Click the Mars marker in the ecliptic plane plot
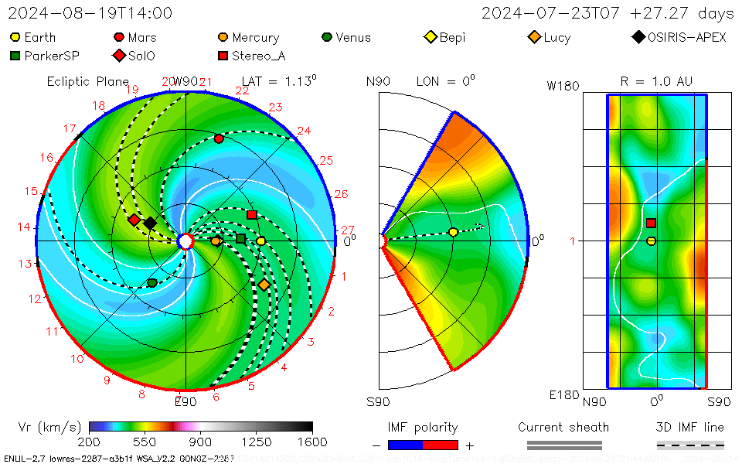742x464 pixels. click(x=219, y=138)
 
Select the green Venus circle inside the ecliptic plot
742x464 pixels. click(x=151, y=283)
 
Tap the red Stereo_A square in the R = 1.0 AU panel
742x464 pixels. click(x=651, y=223)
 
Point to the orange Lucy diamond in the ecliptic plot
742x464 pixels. click(x=264, y=285)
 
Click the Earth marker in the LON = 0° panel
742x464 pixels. click(x=453, y=232)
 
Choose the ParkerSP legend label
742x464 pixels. click(x=52, y=56)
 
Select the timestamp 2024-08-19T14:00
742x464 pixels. click(x=90, y=13)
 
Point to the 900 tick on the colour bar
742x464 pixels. click(x=201, y=442)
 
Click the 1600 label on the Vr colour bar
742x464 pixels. click(x=312, y=442)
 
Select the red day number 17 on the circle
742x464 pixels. click(x=70, y=129)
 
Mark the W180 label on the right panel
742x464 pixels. click(x=563, y=86)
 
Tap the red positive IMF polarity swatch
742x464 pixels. click(x=441, y=445)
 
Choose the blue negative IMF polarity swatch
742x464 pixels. click(x=405, y=445)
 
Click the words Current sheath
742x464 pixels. click(x=563, y=427)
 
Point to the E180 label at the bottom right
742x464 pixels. click(x=563, y=395)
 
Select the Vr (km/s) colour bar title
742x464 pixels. click(x=49, y=427)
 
